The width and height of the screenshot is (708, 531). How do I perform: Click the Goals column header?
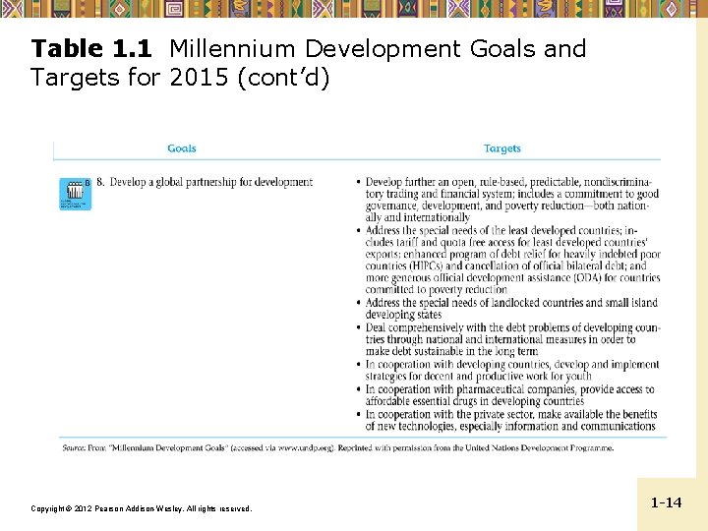[182, 148]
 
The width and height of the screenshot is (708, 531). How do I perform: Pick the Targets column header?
[502, 148]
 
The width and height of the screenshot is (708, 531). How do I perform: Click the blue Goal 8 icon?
[75, 194]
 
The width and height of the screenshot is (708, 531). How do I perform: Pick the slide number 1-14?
[666, 502]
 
